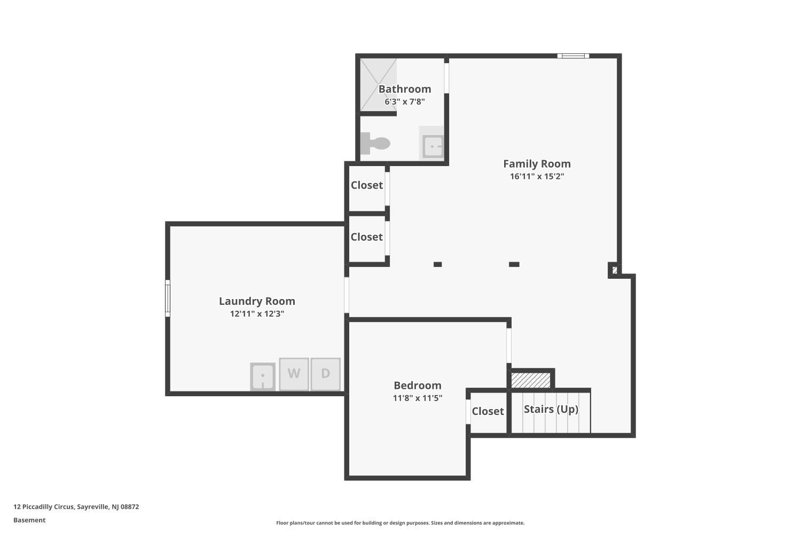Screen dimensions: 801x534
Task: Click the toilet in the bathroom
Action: pos(374,144)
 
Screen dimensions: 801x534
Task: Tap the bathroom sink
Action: pos(433,146)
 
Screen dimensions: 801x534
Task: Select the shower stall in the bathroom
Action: pos(378,85)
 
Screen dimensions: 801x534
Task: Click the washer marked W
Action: pos(294,374)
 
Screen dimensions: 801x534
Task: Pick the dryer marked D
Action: pos(325,374)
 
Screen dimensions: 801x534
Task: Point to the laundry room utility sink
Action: pos(263,376)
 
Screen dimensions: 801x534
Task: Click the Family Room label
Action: pos(537,164)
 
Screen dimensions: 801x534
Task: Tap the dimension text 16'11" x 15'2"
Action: pos(537,176)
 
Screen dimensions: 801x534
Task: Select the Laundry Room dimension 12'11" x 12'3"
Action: pos(257,313)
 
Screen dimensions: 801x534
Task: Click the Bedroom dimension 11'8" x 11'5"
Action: pos(418,398)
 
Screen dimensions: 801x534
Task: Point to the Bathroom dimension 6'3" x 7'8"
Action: pos(405,101)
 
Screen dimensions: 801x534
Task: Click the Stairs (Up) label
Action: pos(551,409)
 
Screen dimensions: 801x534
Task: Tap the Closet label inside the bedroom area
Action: pos(488,411)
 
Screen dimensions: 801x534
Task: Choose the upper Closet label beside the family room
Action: pos(366,185)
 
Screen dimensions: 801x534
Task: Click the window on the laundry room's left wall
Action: pos(167,299)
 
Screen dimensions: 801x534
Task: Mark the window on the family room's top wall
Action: pos(573,56)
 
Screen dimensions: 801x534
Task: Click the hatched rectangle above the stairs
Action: pos(531,380)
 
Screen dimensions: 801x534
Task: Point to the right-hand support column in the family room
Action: pos(514,264)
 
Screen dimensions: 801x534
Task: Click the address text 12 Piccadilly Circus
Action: pos(44,507)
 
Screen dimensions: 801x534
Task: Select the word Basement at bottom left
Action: pos(29,520)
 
